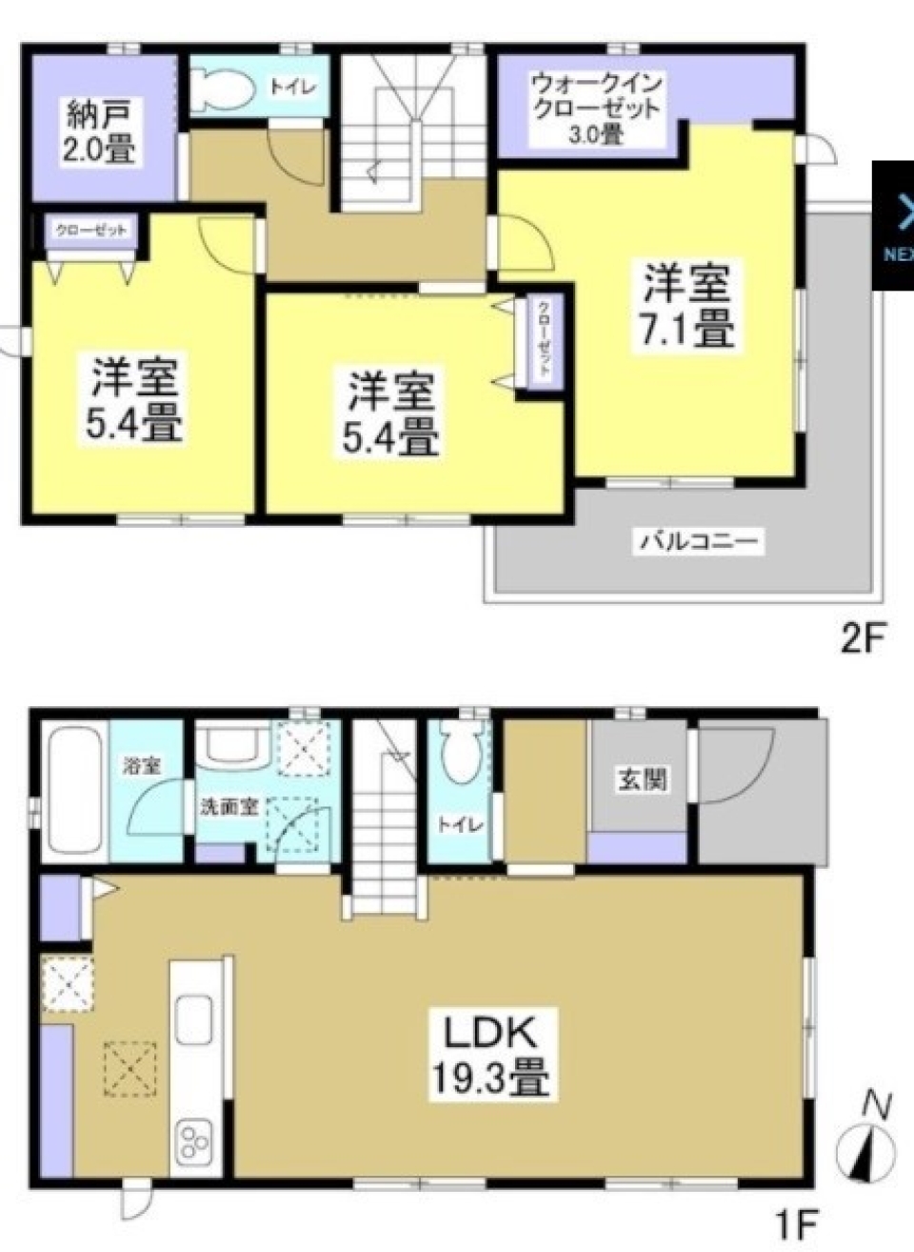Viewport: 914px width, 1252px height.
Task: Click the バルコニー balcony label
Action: coord(699,544)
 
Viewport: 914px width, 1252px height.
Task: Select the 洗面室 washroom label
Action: coord(228,805)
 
